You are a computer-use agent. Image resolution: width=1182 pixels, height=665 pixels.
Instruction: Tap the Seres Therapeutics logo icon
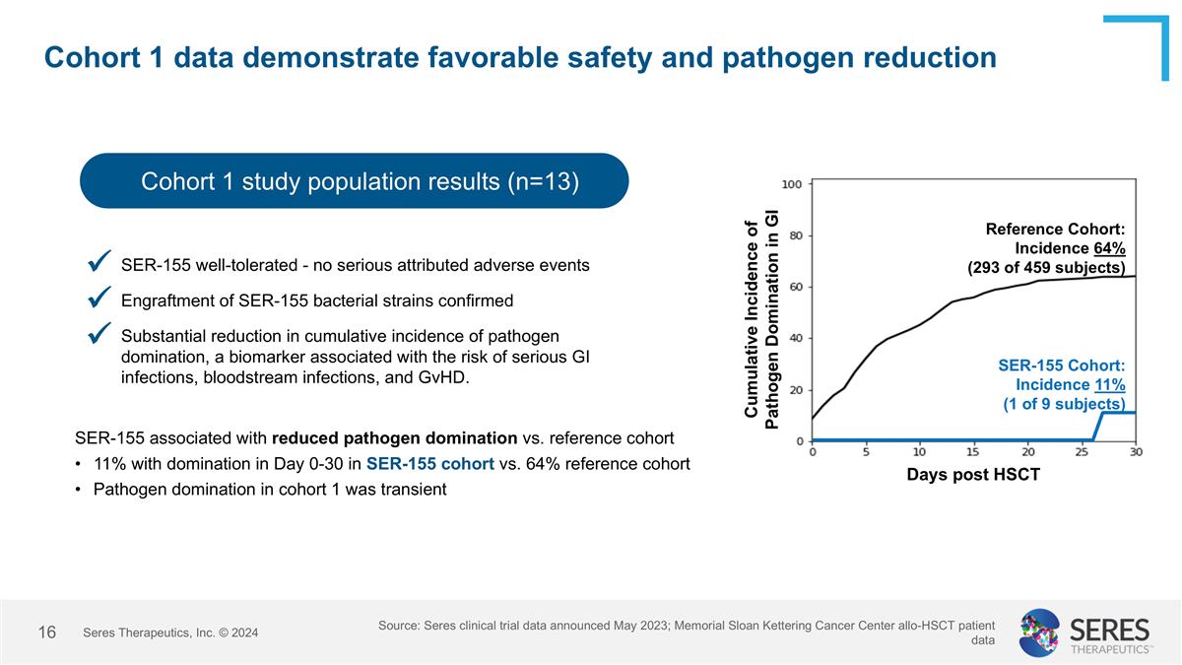click(x=1039, y=632)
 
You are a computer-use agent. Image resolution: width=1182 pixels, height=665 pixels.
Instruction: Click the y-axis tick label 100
click(x=792, y=184)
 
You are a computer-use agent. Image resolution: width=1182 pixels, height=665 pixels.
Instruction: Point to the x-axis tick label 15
click(x=972, y=453)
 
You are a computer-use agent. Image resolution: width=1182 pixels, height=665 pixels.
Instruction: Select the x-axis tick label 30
click(x=1135, y=453)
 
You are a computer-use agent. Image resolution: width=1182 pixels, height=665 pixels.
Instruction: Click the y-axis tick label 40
click(x=795, y=338)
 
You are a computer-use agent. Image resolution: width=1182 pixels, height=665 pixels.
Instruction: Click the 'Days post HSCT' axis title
click(x=974, y=475)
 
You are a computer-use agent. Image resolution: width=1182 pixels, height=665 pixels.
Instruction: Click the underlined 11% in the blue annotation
click(x=1109, y=384)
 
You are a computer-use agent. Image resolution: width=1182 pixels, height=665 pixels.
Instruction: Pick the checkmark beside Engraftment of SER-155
click(x=98, y=297)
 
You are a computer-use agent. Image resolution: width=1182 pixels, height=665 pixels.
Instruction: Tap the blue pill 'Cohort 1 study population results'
click(x=354, y=181)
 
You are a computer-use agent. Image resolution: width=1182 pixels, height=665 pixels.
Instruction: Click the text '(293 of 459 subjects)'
click(x=1046, y=268)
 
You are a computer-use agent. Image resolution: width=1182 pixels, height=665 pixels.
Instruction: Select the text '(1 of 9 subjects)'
click(x=1064, y=404)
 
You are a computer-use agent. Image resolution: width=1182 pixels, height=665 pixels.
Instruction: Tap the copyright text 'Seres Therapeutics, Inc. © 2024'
click(x=170, y=632)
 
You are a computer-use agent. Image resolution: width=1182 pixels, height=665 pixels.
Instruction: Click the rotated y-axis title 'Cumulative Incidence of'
click(x=753, y=320)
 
